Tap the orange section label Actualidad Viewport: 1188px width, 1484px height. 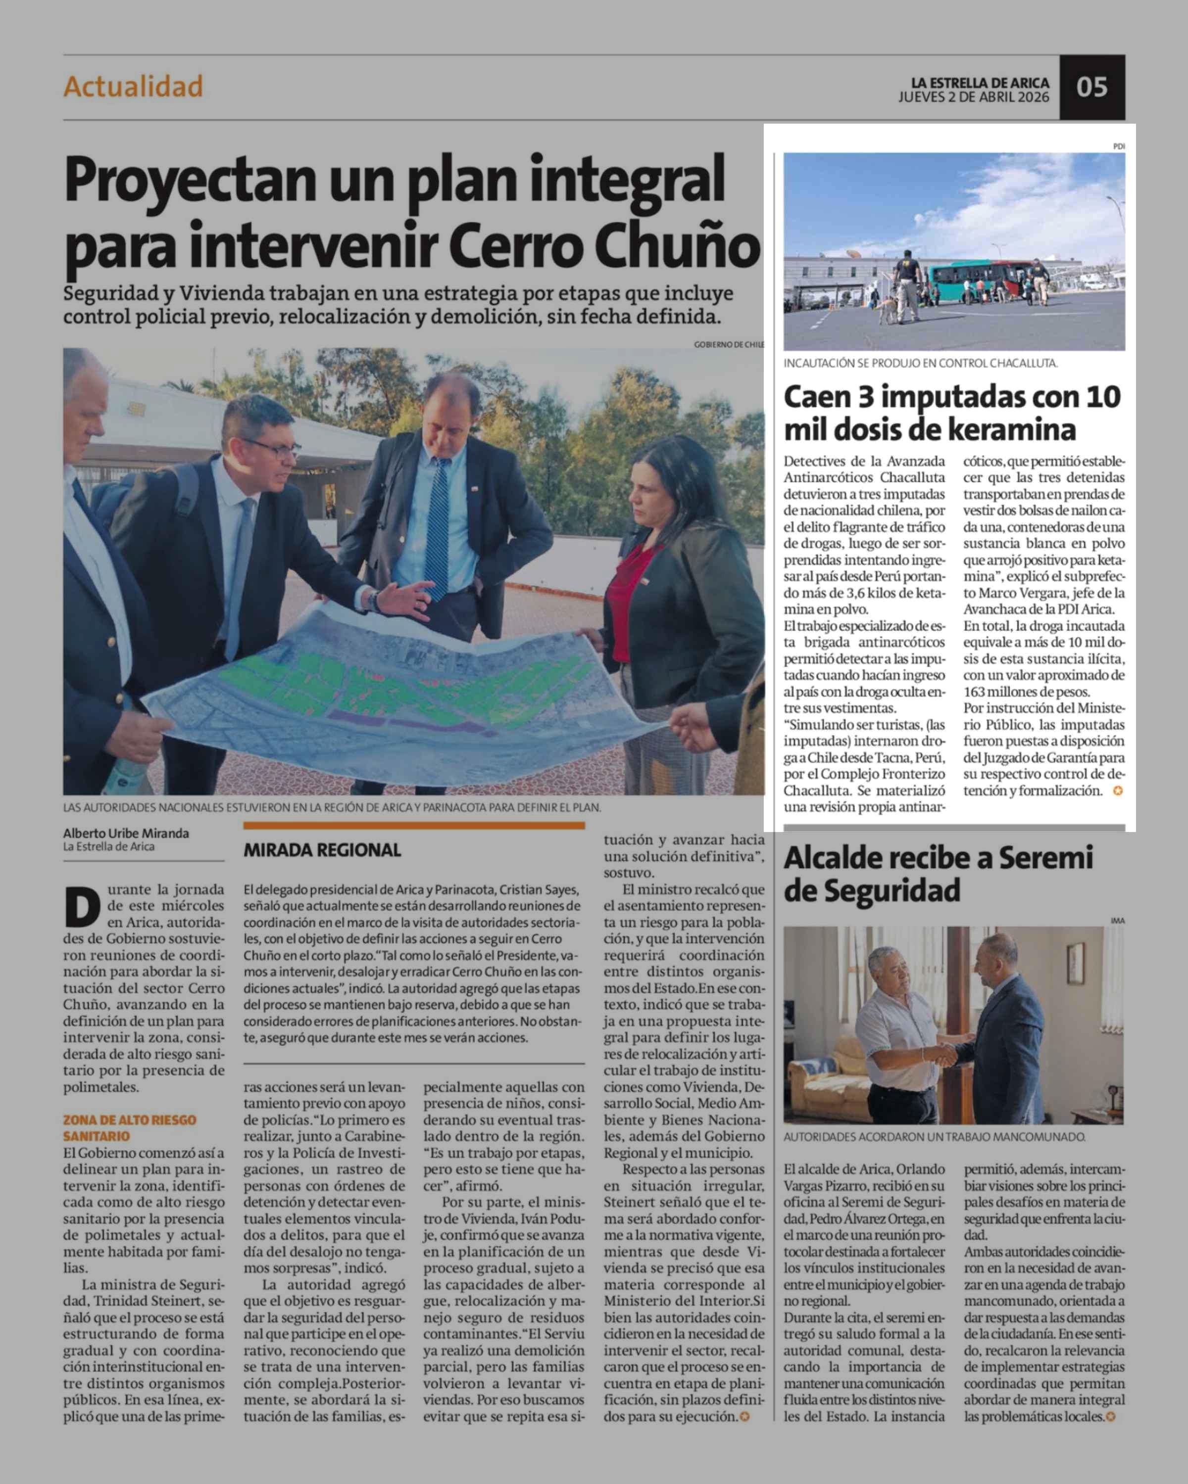point(133,87)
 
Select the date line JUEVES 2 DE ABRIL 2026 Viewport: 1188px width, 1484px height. point(973,97)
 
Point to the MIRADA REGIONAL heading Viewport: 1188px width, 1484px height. point(322,850)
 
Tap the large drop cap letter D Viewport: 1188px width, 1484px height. point(82,907)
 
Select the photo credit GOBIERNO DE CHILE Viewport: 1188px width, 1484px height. point(729,344)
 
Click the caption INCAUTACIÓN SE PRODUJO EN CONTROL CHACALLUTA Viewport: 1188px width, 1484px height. point(920,363)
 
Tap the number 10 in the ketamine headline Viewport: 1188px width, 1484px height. point(1102,397)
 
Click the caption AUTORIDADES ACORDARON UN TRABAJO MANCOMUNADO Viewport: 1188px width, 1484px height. point(934,1137)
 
